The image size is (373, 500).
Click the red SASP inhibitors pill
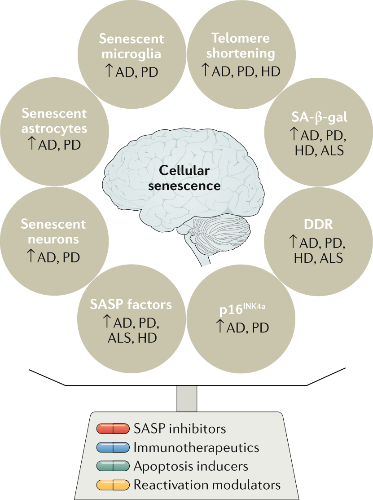click(x=113, y=429)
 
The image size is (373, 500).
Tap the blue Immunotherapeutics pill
click(x=113, y=447)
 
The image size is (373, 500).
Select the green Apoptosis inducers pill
click(x=113, y=466)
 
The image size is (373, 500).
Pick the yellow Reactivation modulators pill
click(x=113, y=485)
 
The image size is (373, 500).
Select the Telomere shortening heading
click(x=237, y=46)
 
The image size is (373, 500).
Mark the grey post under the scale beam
click(x=186, y=398)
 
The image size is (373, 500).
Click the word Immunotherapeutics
click(x=197, y=447)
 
